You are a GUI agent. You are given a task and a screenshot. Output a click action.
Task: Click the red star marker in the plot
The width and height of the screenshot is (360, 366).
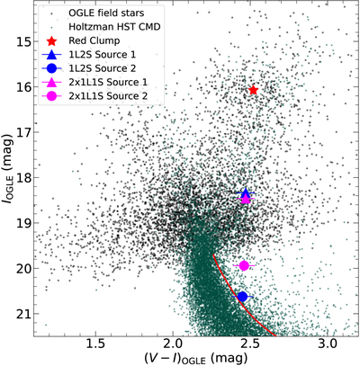pos(254,90)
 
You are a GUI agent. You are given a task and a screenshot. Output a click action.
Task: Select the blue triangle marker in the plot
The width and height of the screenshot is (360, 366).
pos(246,193)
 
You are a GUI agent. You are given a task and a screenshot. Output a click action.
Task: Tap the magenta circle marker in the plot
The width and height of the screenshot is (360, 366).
pos(244,265)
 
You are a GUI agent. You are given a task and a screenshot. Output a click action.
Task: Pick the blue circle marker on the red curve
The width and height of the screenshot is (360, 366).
pos(242,297)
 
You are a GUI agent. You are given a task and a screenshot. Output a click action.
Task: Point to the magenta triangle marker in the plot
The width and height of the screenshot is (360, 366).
pos(246,199)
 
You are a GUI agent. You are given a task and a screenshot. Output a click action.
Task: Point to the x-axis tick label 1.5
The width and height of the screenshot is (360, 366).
pos(95,344)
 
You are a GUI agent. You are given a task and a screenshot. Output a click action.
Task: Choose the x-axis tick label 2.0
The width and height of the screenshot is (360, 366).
pos(173,344)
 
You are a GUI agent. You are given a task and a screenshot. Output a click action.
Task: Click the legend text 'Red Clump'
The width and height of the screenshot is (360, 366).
pos(94,40)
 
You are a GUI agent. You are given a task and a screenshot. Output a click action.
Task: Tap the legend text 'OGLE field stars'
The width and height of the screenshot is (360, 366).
pos(106,13)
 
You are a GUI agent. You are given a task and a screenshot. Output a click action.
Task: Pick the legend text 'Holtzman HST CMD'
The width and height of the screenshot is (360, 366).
pos(114,27)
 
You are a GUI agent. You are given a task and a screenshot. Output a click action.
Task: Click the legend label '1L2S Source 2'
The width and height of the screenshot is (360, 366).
pos(103,68)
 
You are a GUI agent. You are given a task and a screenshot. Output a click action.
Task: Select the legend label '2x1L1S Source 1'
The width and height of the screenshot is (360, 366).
pos(108,82)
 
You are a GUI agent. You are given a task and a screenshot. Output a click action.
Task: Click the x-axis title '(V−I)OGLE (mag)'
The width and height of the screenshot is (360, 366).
pos(196,358)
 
